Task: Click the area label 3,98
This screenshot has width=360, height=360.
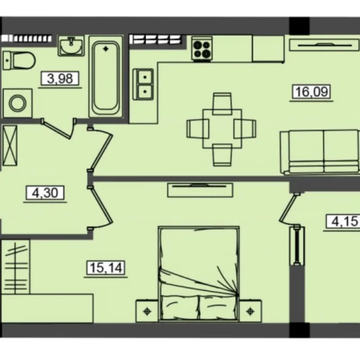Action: [x=60, y=78]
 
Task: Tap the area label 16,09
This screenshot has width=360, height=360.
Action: [x=311, y=91]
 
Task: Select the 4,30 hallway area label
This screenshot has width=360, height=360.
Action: [x=45, y=192]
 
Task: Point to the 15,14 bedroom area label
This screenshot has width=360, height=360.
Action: [x=106, y=268]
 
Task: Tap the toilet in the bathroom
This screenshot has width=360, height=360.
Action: [x=19, y=60]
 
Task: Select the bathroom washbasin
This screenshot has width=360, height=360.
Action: [x=71, y=46]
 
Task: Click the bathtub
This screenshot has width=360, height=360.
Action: [x=106, y=76]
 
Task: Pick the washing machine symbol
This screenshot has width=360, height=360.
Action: [x=17, y=103]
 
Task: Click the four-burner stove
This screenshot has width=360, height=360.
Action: [x=202, y=49]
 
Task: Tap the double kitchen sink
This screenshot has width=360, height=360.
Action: [x=143, y=84]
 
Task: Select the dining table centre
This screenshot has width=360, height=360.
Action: [x=222, y=129]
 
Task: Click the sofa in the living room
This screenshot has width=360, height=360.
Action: [x=319, y=152]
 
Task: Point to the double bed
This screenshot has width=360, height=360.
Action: [x=199, y=274]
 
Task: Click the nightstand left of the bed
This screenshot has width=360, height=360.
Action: [x=147, y=311]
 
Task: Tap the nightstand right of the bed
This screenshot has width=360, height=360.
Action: [x=250, y=311]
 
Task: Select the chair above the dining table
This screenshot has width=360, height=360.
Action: [x=222, y=103]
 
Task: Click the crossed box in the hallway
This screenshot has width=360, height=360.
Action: [x=10, y=145]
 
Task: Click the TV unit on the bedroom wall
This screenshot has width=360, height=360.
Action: [x=200, y=190]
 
